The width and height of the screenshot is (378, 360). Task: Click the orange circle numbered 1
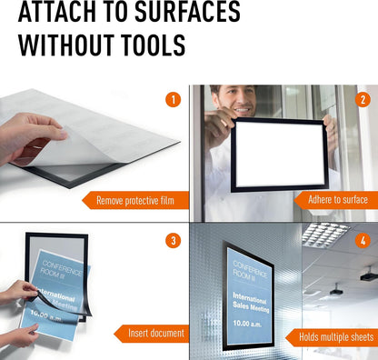(x=174, y=100)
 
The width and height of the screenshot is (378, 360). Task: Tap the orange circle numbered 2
(x=363, y=99)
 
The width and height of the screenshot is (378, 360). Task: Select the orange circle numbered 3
(x=174, y=241)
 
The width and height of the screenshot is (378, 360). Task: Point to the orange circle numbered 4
(x=363, y=241)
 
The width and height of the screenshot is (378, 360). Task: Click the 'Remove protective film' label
(x=135, y=200)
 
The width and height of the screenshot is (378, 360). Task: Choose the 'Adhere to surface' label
(x=338, y=200)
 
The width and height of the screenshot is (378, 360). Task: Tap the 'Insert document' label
(x=156, y=334)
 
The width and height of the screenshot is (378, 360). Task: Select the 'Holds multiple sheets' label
(x=336, y=337)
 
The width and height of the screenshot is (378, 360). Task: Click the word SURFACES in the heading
(x=187, y=12)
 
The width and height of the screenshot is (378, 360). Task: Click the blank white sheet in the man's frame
(x=279, y=155)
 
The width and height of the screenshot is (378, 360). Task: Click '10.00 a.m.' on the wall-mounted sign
(x=247, y=324)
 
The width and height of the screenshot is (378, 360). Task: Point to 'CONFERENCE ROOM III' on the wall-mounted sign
(x=250, y=270)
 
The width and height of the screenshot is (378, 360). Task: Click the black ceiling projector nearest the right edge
(x=370, y=275)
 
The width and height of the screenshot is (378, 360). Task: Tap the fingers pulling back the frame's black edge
(x=25, y=291)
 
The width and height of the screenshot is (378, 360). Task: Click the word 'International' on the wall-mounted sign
(x=249, y=297)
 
